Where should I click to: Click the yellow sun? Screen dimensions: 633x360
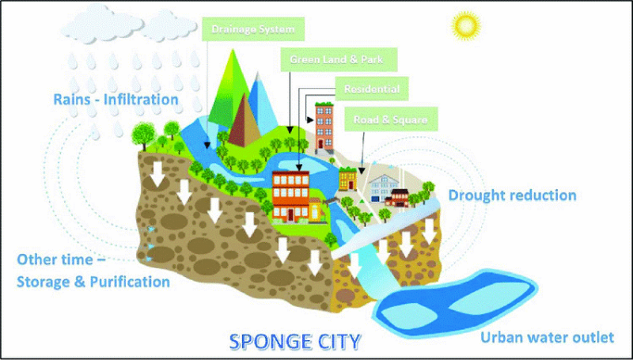[x=466, y=25]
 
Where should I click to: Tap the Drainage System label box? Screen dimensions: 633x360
[x=253, y=29]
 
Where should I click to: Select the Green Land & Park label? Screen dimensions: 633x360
[x=339, y=59]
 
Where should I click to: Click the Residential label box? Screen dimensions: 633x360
[x=372, y=89]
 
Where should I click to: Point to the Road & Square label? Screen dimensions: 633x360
[x=391, y=119]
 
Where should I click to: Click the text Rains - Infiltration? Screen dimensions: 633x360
[x=116, y=99]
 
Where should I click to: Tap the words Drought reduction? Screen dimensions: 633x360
[x=512, y=195]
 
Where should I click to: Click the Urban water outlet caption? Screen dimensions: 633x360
[x=547, y=337]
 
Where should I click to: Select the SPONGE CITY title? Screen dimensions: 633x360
[x=294, y=342]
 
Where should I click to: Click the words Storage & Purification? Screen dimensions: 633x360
[x=93, y=282]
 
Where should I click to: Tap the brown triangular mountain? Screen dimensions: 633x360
[x=244, y=120]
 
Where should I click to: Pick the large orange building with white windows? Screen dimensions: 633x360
[x=290, y=196]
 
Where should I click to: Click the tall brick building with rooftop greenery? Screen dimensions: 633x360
[x=324, y=128]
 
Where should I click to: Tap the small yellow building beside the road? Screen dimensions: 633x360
[x=347, y=178]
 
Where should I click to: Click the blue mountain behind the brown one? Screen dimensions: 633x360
[x=261, y=104]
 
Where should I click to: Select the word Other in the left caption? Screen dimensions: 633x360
[x=35, y=259]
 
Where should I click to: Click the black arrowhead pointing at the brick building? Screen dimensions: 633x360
[x=310, y=119]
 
